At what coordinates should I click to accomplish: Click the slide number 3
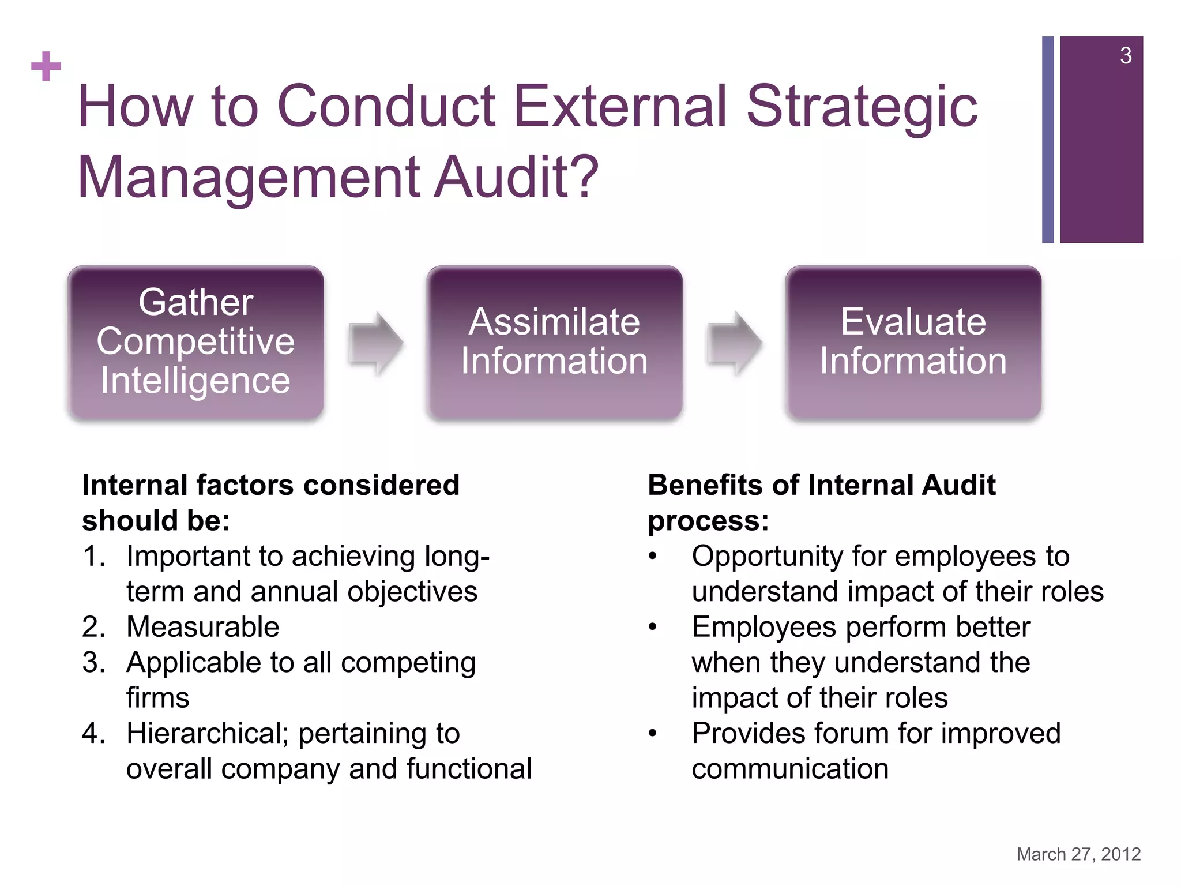click(1125, 56)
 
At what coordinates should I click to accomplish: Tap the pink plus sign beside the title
click(46, 66)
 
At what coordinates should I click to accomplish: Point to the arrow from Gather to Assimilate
click(375, 343)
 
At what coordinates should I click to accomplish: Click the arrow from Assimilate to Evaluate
click(734, 343)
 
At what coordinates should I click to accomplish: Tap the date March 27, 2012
click(1078, 854)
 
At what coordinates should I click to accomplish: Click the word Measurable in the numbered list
click(203, 627)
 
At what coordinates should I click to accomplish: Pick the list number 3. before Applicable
click(94, 662)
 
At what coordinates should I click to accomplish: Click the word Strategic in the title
click(862, 107)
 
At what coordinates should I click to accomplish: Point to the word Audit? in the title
click(516, 177)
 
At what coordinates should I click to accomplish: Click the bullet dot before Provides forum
click(652, 734)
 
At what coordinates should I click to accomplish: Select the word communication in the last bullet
click(790, 769)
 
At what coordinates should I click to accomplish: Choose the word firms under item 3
click(157, 698)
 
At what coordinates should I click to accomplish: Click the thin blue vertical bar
click(1048, 140)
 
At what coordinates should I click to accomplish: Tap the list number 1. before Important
click(94, 557)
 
